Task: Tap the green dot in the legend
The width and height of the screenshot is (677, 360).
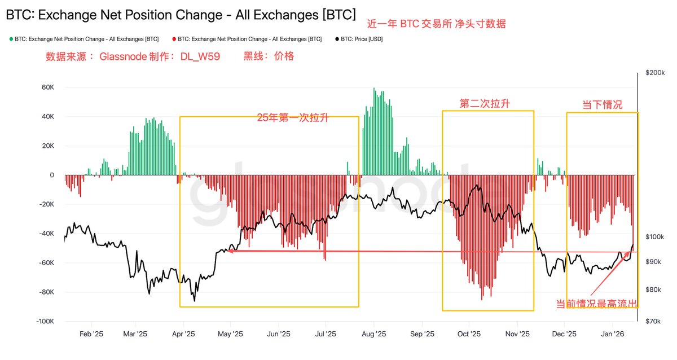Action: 11,39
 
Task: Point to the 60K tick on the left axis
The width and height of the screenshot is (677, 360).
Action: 47,87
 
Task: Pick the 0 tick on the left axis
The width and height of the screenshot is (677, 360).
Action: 51,175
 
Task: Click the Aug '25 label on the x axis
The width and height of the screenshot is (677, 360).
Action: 373,334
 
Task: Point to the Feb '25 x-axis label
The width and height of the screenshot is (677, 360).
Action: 91,334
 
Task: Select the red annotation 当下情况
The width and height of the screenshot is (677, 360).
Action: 602,105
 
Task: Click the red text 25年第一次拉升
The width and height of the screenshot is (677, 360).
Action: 293,118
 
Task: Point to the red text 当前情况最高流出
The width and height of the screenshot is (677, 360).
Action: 597,304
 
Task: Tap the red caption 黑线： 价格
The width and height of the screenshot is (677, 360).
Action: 269,56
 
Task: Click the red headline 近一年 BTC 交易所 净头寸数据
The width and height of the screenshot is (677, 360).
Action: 436,24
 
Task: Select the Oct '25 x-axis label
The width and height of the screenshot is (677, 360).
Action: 469,334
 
